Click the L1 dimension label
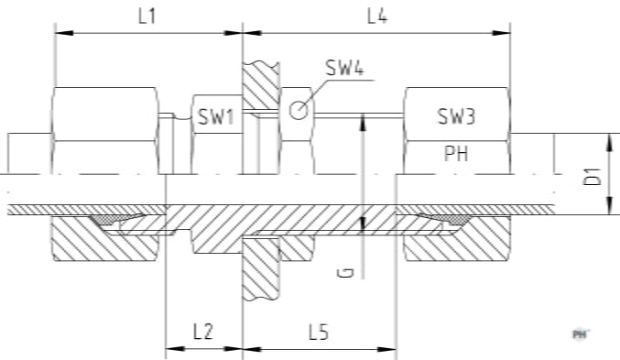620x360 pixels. [147, 16]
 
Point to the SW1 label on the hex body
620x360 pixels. [217, 116]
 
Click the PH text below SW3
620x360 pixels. [456, 153]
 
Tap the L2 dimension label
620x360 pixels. [203, 332]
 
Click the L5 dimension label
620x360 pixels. [319, 332]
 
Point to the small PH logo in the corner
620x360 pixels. [580, 334]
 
